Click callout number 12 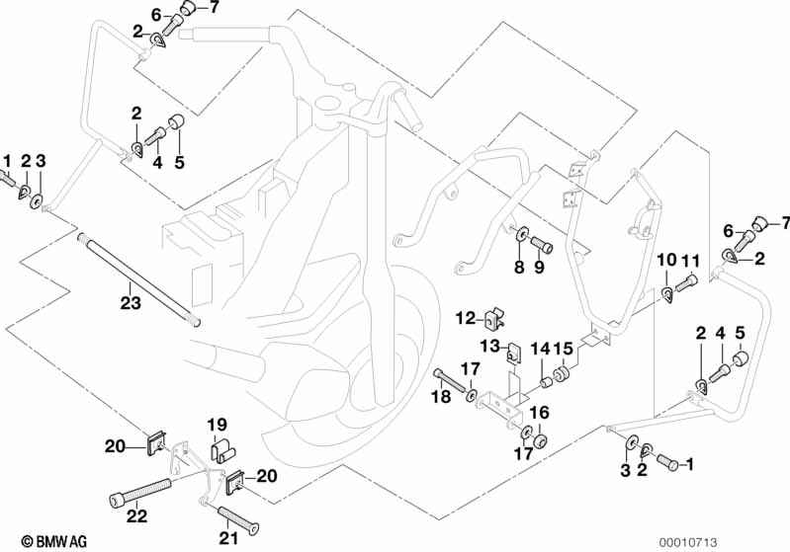click(465, 318)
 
